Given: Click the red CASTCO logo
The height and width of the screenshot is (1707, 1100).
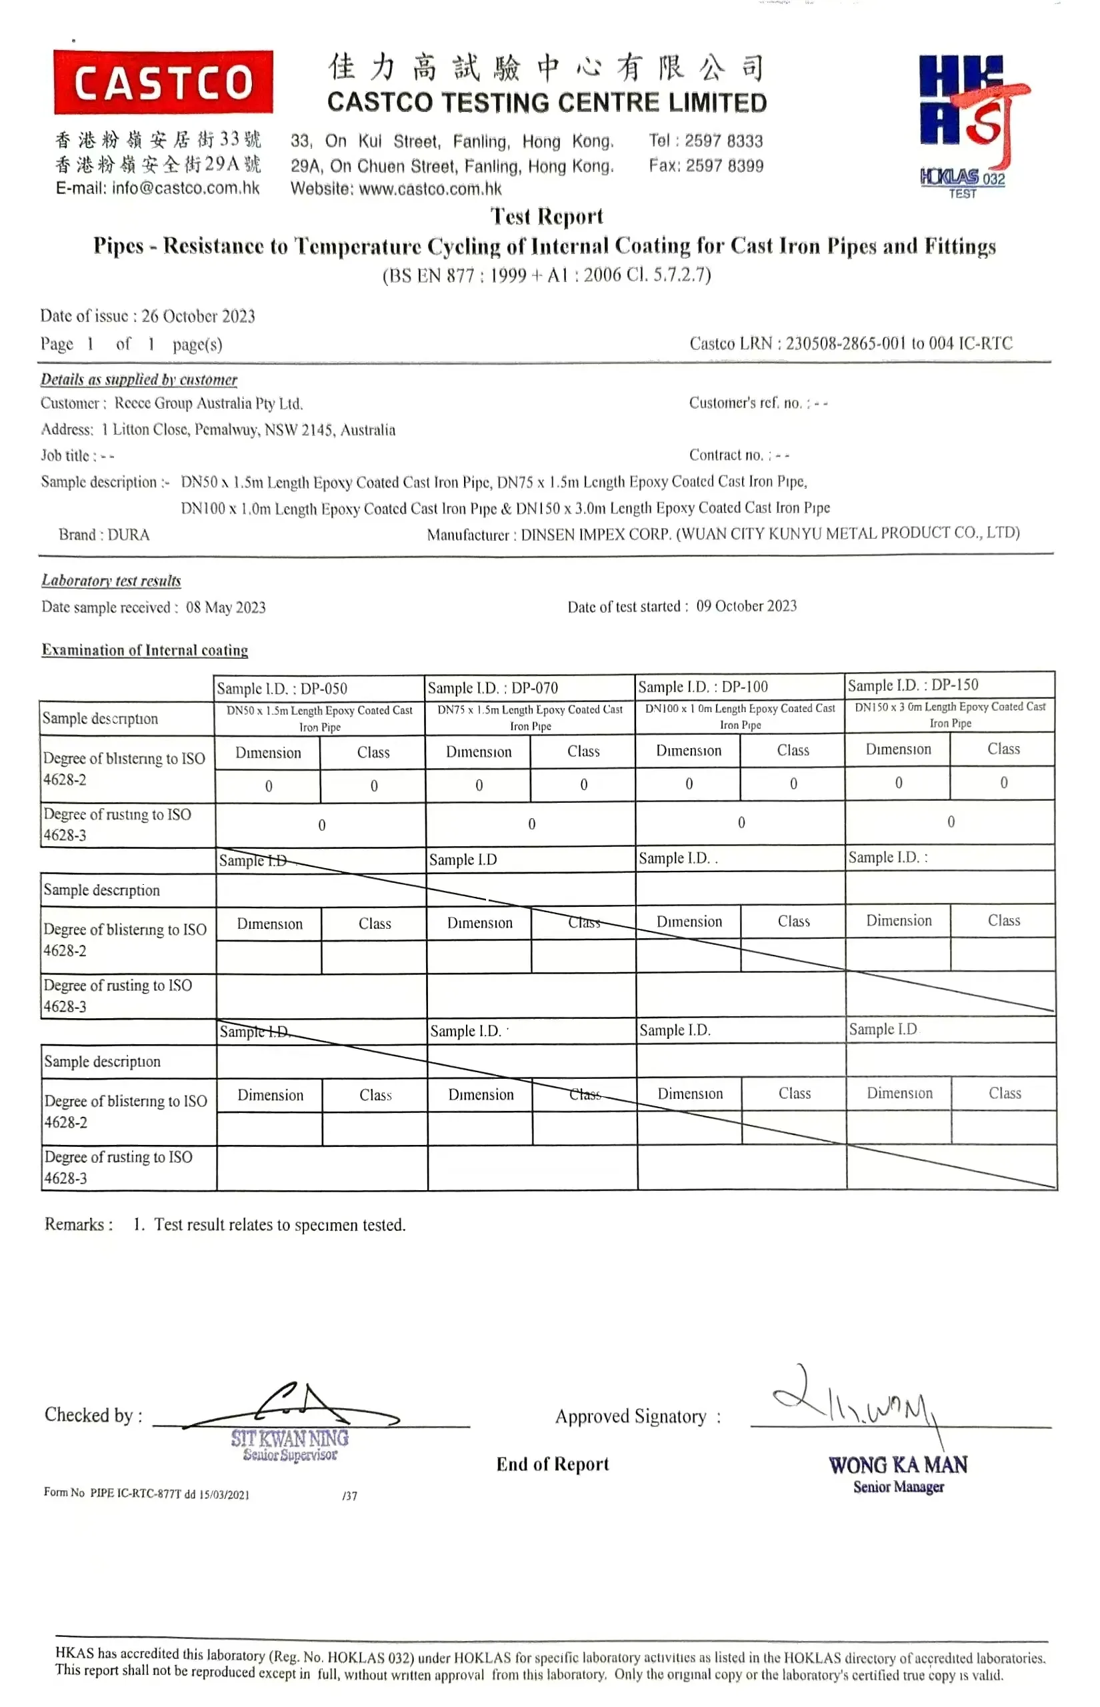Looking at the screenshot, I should click(x=163, y=82).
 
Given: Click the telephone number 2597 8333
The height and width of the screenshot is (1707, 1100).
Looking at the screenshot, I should click(x=723, y=141).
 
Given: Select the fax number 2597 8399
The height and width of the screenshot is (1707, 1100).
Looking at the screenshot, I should click(x=723, y=166).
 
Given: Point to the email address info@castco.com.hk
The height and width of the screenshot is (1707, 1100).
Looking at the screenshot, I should click(x=185, y=189).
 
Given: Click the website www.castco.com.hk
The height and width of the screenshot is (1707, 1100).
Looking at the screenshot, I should click(x=429, y=189).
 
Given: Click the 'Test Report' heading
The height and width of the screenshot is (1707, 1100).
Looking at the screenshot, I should click(x=547, y=215).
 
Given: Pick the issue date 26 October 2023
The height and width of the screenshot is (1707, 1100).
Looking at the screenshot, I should click(x=198, y=317).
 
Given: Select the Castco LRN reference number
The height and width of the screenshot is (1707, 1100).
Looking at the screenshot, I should click(x=899, y=343).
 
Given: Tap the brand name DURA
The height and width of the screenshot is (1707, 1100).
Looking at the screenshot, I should click(x=129, y=535).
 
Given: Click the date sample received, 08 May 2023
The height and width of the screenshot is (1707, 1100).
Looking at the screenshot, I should click(x=226, y=608).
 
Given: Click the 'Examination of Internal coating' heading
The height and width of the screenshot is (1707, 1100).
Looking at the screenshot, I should click(x=145, y=651).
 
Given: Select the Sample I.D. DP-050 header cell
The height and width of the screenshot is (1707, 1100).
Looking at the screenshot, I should click(x=319, y=689).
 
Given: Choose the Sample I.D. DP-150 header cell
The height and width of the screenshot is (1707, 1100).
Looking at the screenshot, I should click(x=949, y=685).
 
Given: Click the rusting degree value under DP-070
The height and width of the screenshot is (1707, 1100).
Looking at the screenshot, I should click(x=531, y=824).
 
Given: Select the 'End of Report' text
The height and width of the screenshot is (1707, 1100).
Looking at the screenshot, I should click(x=552, y=1464).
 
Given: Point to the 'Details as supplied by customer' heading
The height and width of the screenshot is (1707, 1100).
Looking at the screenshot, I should click(x=139, y=380).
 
